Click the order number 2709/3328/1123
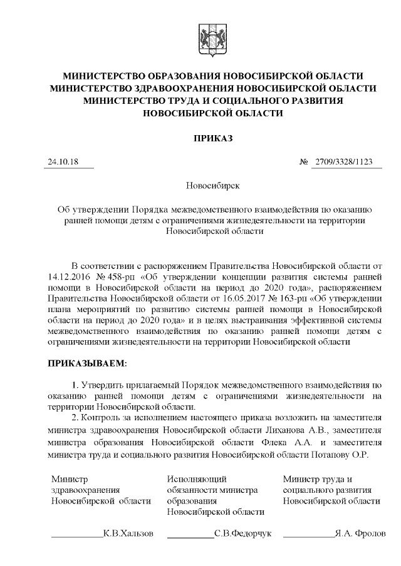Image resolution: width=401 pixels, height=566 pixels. click(344, 162)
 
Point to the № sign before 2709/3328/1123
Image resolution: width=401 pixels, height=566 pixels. click(305, 162)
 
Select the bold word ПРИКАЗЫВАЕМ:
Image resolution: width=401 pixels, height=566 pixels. click(87, 362)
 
